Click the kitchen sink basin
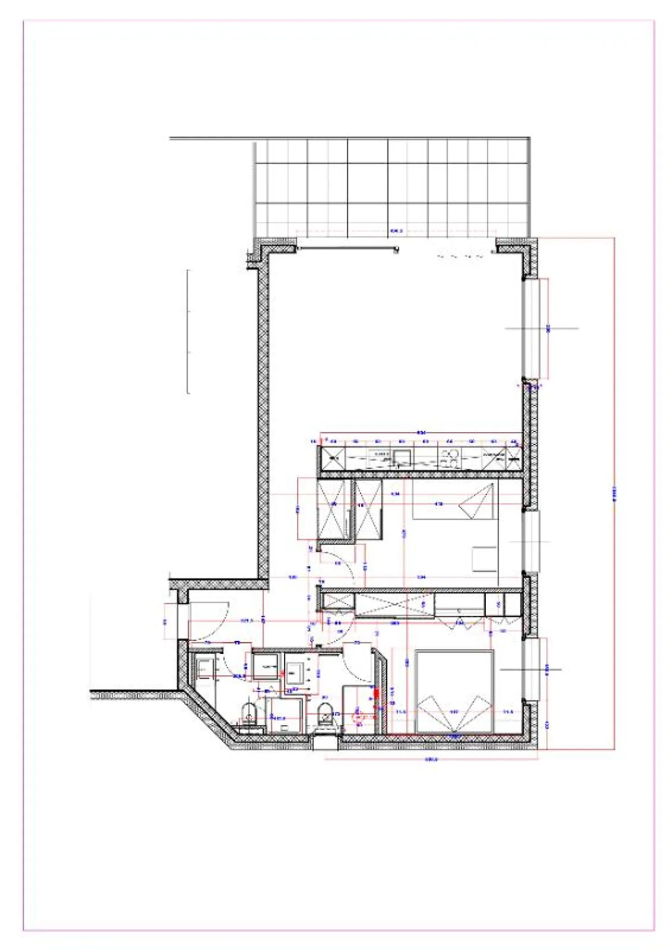click(402, 454)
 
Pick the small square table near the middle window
click(484, 558)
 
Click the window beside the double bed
click(531, 669)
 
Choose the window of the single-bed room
click(531, 541)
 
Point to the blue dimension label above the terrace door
click(396, 231)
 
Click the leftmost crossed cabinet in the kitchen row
click(333, 458)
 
